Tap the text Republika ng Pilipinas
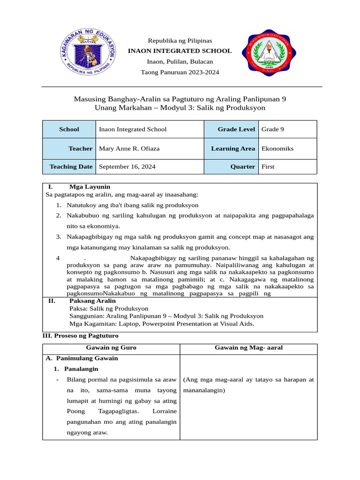(x=180, y=40)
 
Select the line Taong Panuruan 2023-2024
(x=180, y=72)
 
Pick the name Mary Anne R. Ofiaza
(x=129, y=149)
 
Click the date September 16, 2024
(x=127, y=166)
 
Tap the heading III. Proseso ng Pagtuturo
(x=80, y=336)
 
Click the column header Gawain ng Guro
(x=111, y=348)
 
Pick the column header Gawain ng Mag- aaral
(x=248, y=348)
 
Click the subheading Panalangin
(x=81, y=369)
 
